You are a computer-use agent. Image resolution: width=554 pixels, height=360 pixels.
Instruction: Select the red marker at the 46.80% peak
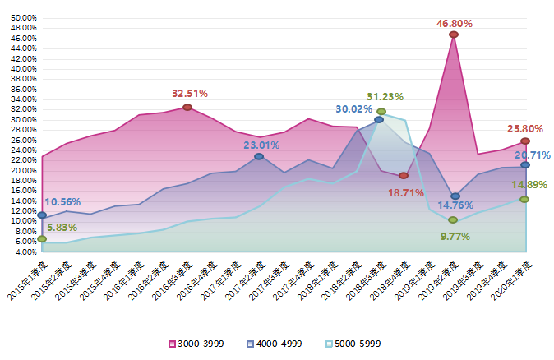tap(454, 35)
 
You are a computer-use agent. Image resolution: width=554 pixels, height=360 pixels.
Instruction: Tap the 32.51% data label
tap(189, 94)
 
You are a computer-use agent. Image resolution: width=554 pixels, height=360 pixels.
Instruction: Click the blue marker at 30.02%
tap(379, 120)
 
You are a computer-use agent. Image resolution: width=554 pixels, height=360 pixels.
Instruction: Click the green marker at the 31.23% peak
tap(381, 112)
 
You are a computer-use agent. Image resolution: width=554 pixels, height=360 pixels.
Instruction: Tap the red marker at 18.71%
tap(404, 176)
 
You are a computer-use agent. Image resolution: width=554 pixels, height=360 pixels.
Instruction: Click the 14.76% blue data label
tap(453, 205)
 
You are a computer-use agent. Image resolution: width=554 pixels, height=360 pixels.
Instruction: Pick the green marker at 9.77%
tap(453, 220)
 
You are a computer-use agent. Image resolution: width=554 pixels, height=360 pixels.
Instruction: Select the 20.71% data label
tap(533, 155)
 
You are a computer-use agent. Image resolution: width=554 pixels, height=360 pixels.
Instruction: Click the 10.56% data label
tap(62, 201)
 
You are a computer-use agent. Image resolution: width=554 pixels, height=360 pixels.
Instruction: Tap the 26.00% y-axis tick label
tap(24, 140)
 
